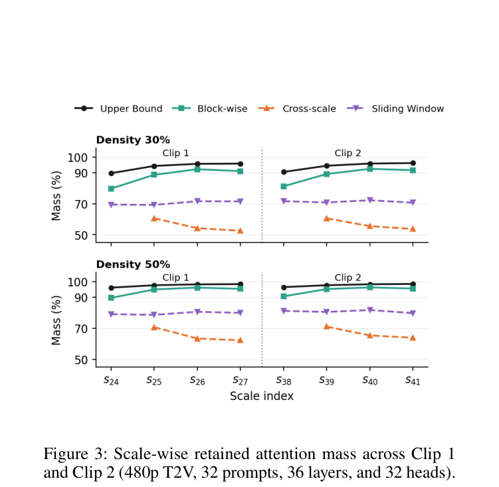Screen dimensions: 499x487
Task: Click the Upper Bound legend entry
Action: point(118,108)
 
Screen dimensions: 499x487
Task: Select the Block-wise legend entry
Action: point(210,108)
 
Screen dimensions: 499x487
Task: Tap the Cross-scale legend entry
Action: point(297,108)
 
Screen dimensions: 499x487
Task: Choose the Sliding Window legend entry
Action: point(395,108)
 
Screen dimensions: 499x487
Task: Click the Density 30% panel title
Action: point(133,140)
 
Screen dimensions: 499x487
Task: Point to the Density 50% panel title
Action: point(133,264)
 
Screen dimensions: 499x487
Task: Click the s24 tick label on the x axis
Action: point(111,380)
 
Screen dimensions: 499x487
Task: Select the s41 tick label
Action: point(413,380)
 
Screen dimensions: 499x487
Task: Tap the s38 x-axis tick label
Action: point(284,380)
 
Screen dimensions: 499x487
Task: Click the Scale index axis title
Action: point(262,396)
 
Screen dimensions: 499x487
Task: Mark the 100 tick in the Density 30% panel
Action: point(77,157)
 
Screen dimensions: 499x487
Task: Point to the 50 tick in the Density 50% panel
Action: point(81,360)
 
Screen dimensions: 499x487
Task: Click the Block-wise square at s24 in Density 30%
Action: point(111,189)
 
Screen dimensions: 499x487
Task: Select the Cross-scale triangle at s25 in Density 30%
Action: point(154,218)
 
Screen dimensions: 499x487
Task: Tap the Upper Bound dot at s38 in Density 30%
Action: point(284,172)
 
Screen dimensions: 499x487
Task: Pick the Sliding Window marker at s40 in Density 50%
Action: point(370,310)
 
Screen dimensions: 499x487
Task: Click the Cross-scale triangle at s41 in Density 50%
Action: point(413,338)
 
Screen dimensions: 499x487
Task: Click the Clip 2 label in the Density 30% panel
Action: point(348,153)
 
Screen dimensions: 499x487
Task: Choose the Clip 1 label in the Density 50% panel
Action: point(175,278)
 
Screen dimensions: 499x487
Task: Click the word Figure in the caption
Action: point(66,454)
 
